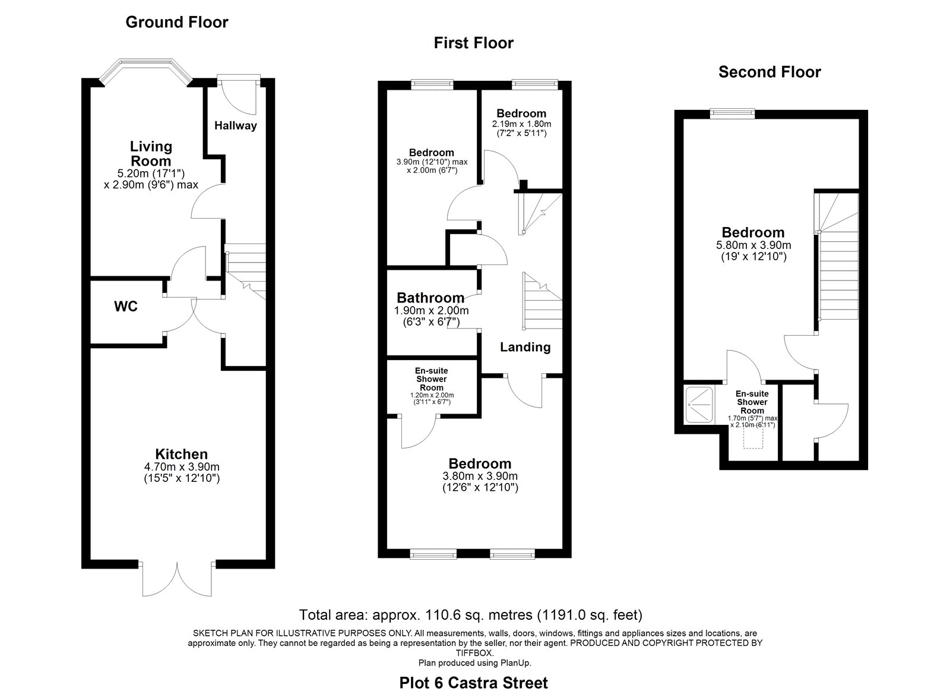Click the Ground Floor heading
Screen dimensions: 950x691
177,22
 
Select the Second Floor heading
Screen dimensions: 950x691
769,72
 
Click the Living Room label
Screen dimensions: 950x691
151,154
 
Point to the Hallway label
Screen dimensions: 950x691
235,125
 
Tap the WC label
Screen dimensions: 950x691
126,307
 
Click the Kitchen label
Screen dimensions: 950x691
182,454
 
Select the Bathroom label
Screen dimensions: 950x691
430,298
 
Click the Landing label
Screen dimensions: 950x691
525,347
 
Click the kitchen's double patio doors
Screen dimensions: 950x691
178,579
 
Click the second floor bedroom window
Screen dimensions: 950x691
733,113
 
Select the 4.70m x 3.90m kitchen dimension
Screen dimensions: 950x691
182,467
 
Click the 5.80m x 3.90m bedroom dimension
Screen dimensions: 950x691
753,245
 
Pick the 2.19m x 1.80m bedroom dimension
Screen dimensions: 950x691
522,124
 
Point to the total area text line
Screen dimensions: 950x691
471,614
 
